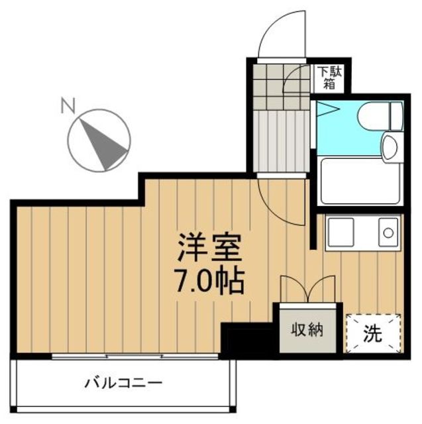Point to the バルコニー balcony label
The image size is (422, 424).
[123, 383]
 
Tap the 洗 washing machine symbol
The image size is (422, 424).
[373, 334]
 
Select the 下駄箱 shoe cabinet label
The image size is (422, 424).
[328, 78]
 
